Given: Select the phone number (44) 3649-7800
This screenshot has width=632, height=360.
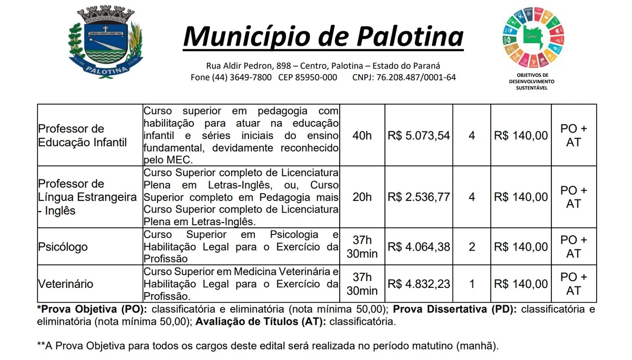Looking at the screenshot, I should click(242, 77).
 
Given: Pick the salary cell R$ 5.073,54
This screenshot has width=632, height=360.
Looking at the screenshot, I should click(419, 135).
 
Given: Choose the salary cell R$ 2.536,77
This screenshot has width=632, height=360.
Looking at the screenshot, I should click(419, 197).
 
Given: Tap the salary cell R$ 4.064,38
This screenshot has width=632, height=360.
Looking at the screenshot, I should click(419, 246).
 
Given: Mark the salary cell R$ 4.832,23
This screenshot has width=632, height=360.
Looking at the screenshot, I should click(419, 284).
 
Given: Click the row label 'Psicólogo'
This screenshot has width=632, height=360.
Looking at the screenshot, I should click(63, 247).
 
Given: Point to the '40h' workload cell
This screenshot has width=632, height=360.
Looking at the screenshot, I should click(362, 135).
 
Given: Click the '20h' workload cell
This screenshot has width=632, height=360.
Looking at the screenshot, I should click(362, 197).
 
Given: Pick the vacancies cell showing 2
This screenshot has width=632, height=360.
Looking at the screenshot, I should click(472, 246).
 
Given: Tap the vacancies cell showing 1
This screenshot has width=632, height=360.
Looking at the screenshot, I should click(472, 284).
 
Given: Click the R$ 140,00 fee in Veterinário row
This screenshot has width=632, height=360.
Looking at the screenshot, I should click(520, 284).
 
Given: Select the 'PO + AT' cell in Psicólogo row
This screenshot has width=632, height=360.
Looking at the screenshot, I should click(574, 246).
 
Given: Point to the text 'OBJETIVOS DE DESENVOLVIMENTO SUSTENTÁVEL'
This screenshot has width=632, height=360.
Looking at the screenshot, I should click(532, 81).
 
